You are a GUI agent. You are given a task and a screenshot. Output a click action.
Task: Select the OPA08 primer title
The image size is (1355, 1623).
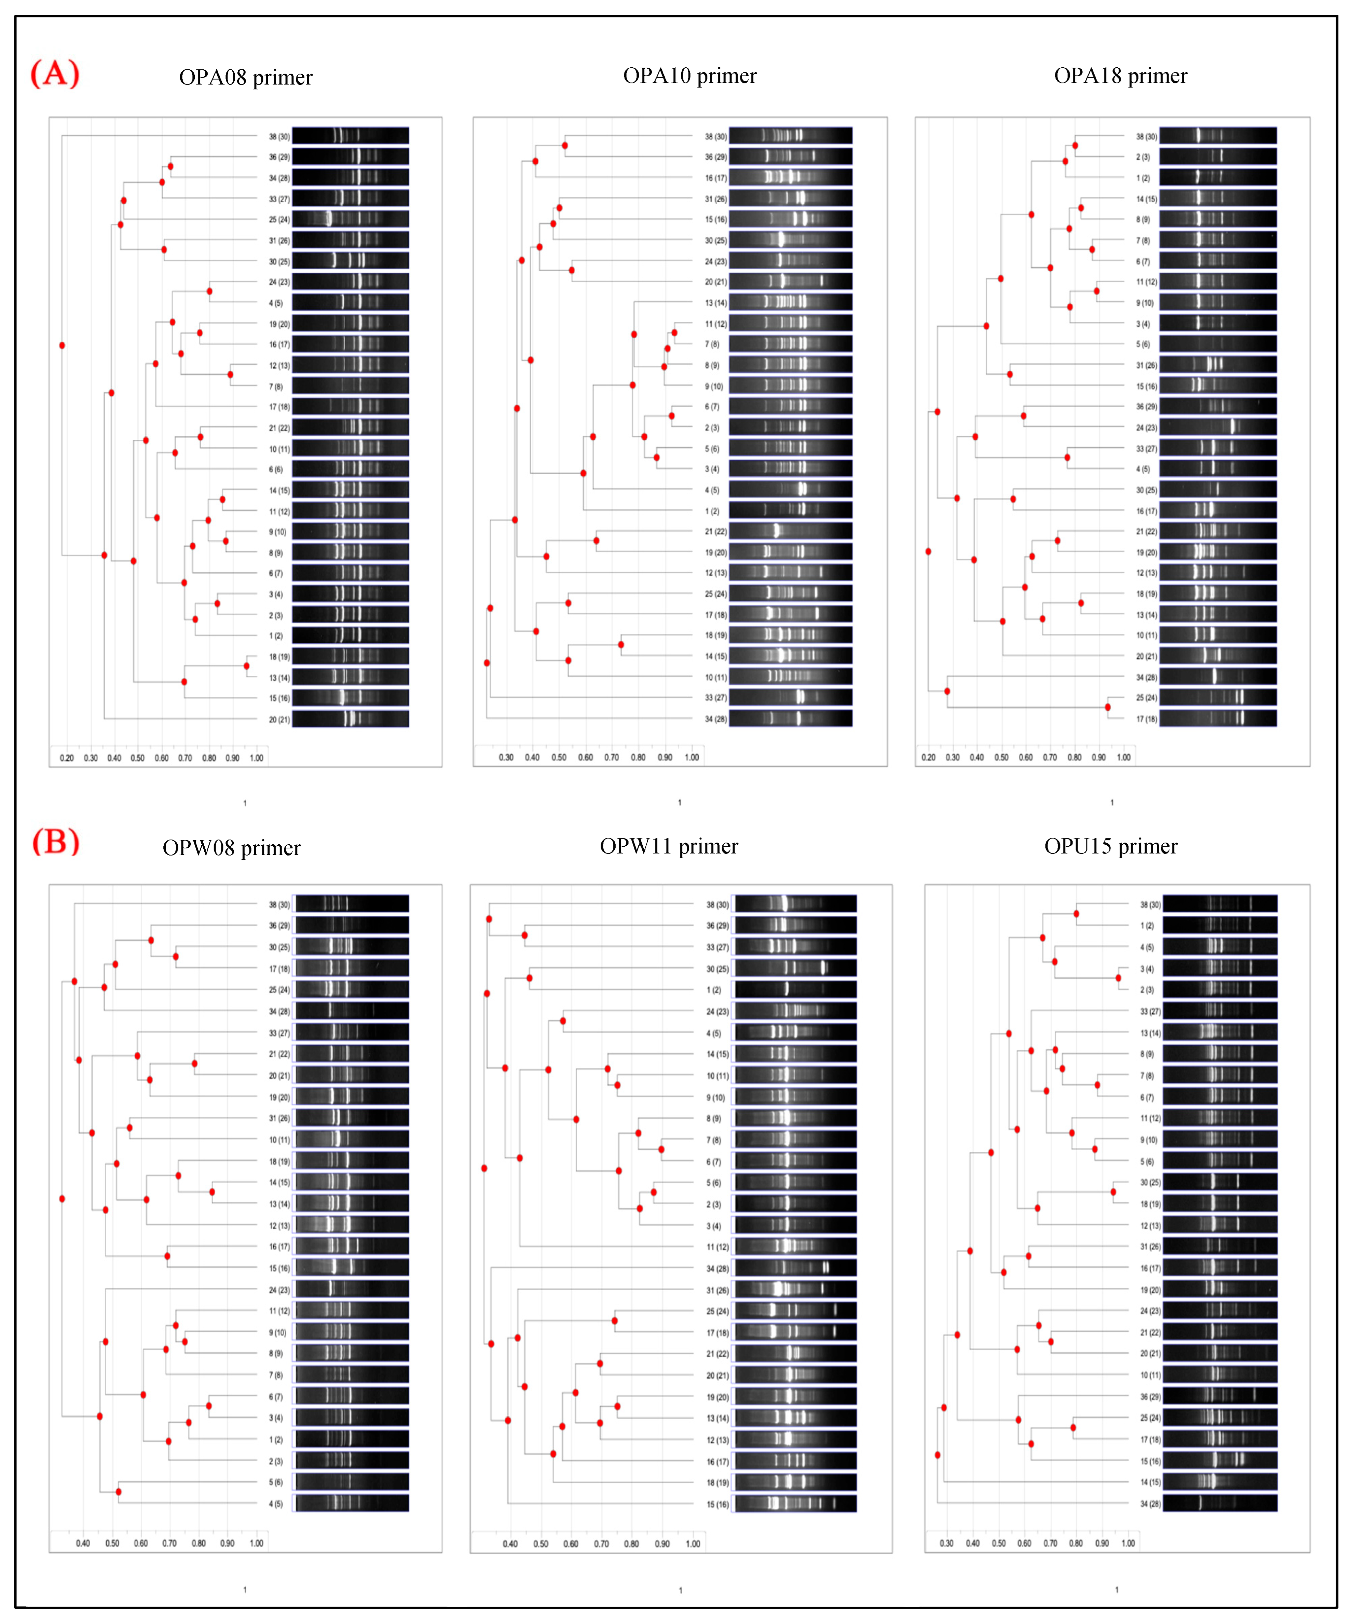click(246, 77)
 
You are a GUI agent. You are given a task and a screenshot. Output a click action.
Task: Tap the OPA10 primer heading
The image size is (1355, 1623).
click(689, 76)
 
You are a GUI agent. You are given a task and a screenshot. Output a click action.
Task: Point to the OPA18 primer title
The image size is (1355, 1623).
click(1120, 76)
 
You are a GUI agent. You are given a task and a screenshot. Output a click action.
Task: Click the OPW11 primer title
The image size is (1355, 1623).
click(669, 846)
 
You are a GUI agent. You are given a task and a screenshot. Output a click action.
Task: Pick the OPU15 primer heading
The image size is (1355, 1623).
click(1111, 846)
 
